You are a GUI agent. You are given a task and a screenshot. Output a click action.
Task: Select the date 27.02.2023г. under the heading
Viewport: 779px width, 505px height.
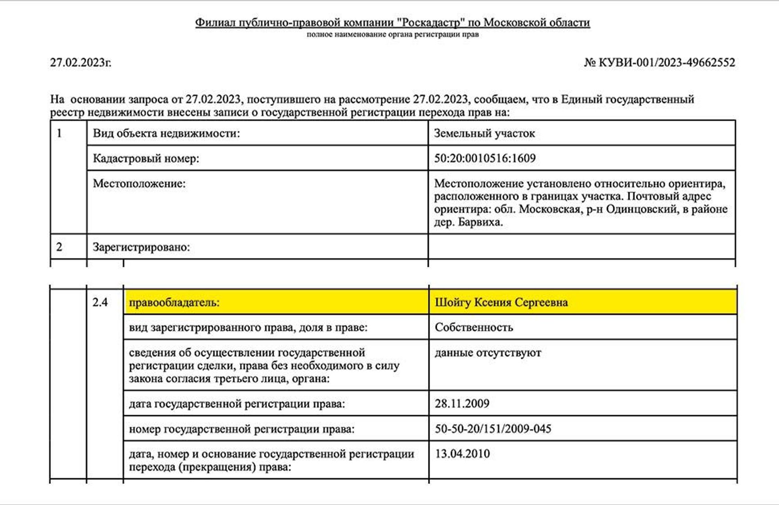(x=81, y=62)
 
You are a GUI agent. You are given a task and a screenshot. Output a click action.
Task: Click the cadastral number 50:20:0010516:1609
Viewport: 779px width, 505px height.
(x=484, y=158)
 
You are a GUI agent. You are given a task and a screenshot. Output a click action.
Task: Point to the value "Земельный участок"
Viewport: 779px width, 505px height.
(x=484, y=133)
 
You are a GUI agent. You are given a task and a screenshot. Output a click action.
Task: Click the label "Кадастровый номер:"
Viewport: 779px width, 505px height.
(x=146, y=158)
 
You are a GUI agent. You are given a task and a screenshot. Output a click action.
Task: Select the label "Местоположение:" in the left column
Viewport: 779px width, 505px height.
(x=139, y=183)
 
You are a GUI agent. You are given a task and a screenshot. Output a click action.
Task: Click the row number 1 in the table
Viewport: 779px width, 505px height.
(x=59, y=133)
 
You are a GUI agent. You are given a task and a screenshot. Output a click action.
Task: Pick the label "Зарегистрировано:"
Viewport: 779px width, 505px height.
(x=141, y=247)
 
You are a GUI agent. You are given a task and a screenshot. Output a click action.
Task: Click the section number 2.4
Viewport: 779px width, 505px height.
(x=100, y=302)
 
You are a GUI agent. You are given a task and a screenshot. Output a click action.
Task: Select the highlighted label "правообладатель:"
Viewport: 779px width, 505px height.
(x=174, y=302)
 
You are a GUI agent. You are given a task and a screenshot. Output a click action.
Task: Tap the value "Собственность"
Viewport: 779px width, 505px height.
(x=474, y=328)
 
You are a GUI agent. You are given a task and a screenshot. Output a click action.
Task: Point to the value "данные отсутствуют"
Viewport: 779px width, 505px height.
(x=488, y=353)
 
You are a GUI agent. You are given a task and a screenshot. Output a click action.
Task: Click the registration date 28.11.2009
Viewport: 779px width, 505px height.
(x=462, y=403)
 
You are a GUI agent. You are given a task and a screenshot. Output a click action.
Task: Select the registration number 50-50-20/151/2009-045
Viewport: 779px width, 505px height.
(x=493, y=429)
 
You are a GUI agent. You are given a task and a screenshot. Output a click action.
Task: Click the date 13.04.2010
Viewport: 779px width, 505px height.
(x=462, y=454)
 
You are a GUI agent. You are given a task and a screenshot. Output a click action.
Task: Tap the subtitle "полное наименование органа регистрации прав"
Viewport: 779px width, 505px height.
(x=393, y=35)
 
